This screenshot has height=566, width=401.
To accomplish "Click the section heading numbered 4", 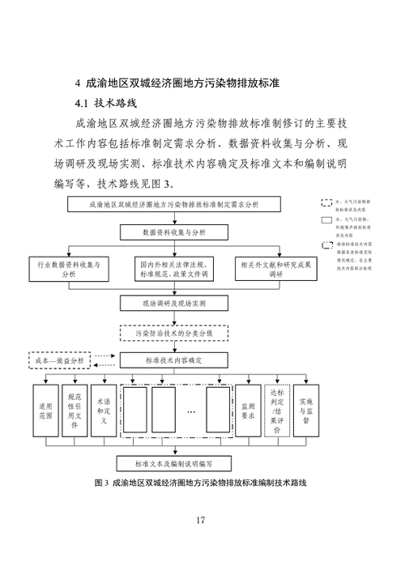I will (177, 83).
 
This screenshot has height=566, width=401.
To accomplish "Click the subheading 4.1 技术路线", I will (106, 104).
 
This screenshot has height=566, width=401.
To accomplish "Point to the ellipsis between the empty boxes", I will (191, 412).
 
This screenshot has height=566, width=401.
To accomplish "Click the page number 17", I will (200, 519).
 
